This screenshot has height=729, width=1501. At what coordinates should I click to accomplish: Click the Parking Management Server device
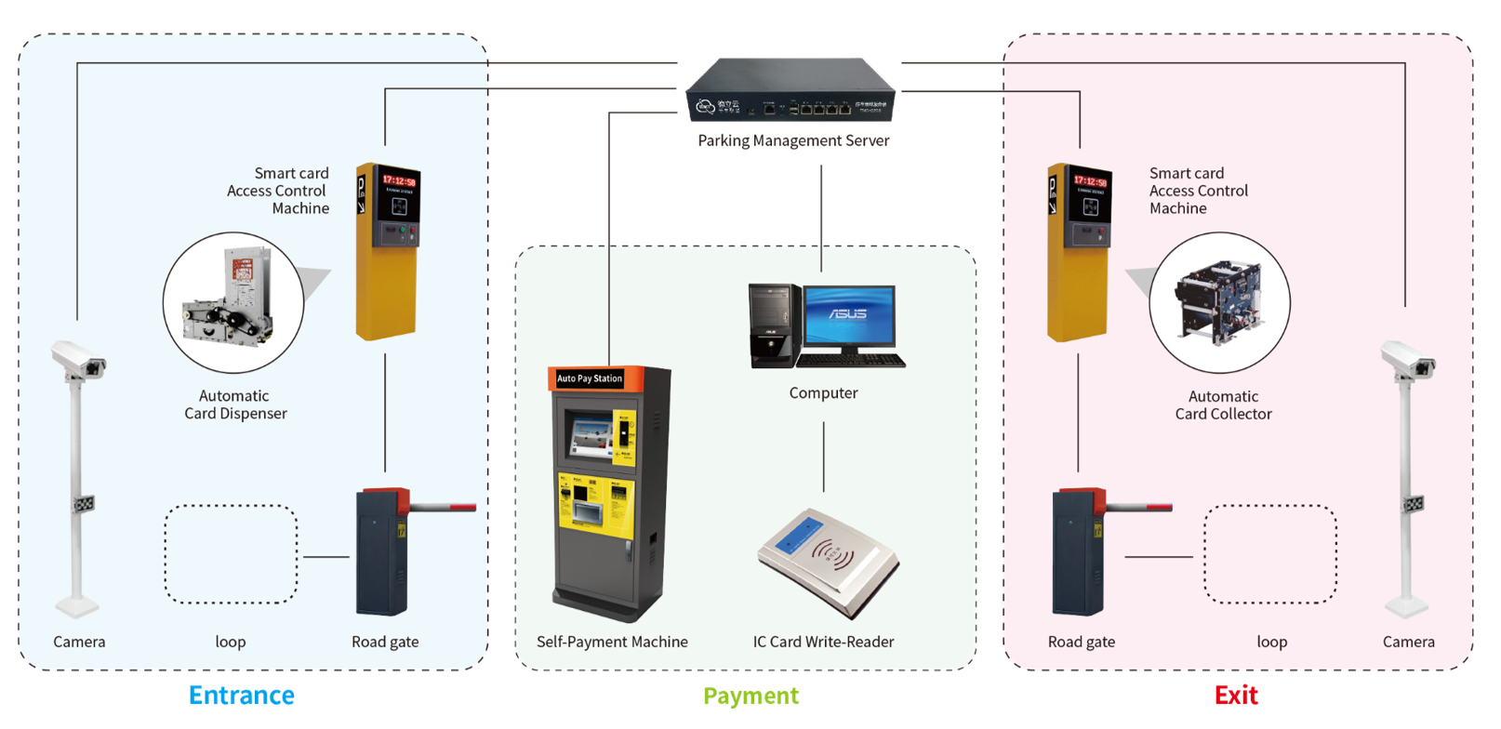791,91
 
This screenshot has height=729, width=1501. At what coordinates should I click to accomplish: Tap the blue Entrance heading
241,696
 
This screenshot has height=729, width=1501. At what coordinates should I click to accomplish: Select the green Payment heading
750,696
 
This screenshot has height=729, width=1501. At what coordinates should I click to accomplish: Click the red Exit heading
1235,696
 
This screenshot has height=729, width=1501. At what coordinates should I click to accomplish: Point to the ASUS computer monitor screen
848,314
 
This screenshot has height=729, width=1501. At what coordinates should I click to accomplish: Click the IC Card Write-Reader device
827,562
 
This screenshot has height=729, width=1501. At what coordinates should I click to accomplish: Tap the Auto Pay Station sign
590,378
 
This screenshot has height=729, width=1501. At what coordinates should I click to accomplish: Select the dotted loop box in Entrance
231,554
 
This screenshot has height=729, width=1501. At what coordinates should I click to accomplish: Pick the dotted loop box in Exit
1269,554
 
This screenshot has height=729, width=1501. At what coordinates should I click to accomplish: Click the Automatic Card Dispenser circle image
233,302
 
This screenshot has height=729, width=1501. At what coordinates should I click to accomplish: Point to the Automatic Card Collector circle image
1219,302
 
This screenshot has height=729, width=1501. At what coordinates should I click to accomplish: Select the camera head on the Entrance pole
79,360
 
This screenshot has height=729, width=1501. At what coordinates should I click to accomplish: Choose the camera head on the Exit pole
1408,360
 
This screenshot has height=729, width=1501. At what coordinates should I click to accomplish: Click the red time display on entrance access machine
399,180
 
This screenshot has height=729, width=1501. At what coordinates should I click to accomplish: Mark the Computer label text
823,393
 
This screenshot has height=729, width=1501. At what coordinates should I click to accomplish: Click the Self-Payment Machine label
612,642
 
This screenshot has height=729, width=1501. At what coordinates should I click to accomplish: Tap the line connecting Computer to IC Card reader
823,457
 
